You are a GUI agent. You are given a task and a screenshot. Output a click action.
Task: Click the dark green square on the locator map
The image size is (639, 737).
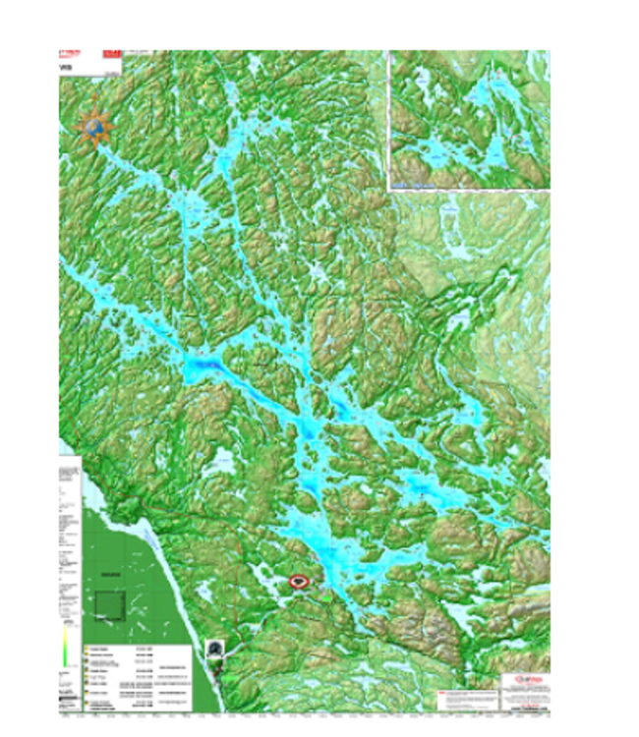pyautogui.click(x=110, y=604)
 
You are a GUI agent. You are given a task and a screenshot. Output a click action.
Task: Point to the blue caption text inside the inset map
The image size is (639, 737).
pyautogui.click(x=414, y=183)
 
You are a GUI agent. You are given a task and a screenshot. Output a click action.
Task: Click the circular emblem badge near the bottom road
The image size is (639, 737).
pyautogui.click(x=216, y=648)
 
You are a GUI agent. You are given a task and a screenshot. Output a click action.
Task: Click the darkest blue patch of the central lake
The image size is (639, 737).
pyautogui.click(x=202, y=368)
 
